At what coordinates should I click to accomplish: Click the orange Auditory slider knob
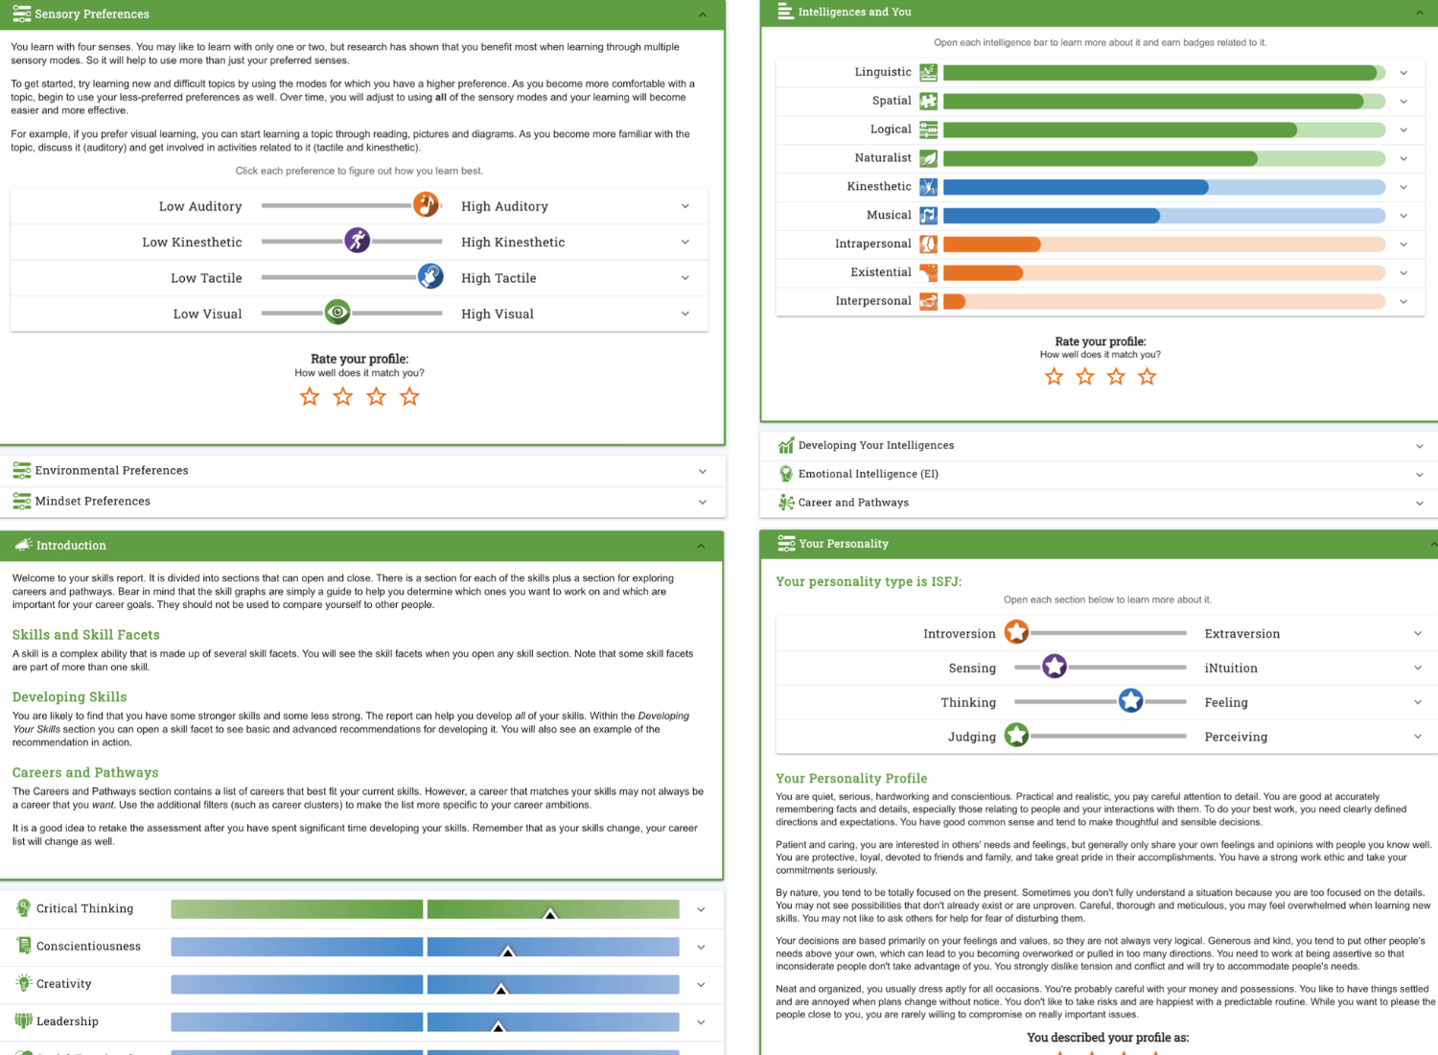point(426,204)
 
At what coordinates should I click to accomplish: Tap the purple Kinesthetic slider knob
point(358,241)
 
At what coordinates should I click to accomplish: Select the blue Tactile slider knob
point(430,276)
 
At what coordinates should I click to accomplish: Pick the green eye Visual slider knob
point(337,312)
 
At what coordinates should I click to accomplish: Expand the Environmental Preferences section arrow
point(703,471)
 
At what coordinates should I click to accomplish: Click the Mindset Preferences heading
point(93,501)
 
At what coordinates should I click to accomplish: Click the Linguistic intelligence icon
point(928,72)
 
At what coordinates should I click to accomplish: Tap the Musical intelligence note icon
point(928,215)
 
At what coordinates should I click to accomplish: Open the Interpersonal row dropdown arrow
point(1403,301)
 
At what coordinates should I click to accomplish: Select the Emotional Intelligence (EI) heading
point(868,474)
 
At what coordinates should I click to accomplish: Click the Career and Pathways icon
point(786,503)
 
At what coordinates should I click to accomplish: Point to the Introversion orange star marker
point(1016,632)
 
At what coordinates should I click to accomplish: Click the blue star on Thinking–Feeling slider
point(1131,701)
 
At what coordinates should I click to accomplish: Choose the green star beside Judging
point(1016,736)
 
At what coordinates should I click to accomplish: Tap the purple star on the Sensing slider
point(1055,667)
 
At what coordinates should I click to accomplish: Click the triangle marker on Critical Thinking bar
point(550,913)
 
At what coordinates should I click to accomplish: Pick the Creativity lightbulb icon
point(24,983)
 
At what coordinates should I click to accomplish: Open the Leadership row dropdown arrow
point(701,1022)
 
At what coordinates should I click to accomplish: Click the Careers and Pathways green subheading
point(85,772)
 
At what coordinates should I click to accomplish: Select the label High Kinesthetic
point(513,242)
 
